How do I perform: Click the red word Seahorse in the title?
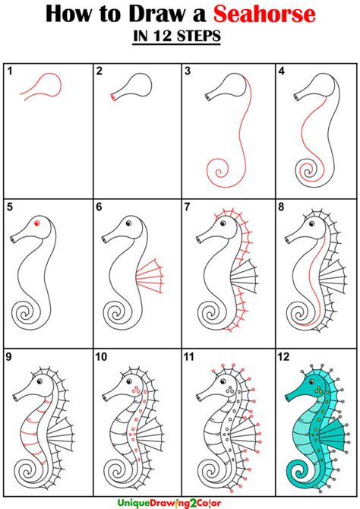point(264,14)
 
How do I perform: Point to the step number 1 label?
point(10,71)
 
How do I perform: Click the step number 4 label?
point(282,71)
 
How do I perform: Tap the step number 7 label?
point(188,207)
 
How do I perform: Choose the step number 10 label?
point(101,357)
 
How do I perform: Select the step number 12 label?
point(283,357)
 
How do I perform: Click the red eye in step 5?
point(36,223)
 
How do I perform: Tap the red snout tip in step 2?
point(113,97)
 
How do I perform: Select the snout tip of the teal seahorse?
point(287,397)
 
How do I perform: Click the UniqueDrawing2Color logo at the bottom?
point(169,503)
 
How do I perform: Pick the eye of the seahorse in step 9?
point(40,381)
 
